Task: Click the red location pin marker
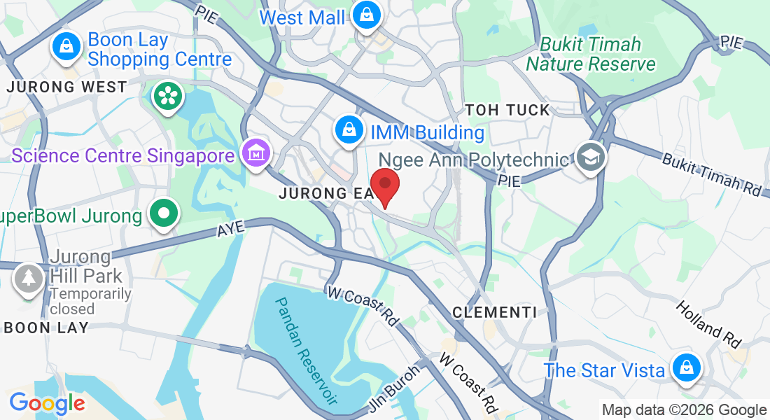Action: pos(384,185)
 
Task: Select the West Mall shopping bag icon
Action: pos(365,14)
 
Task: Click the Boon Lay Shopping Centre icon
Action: pos(65,47)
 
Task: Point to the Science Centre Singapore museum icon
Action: pos(255,153)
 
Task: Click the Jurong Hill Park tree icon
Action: pos(28,278)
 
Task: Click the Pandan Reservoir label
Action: pos(305,350)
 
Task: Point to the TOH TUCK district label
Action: pos(507,110)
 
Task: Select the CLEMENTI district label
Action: pos(494,312)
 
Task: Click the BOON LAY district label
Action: pos(46,328)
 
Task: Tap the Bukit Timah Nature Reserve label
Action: pos(591,54)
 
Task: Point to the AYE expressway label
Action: pos(232,229)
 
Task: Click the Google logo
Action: pos(47,403)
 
